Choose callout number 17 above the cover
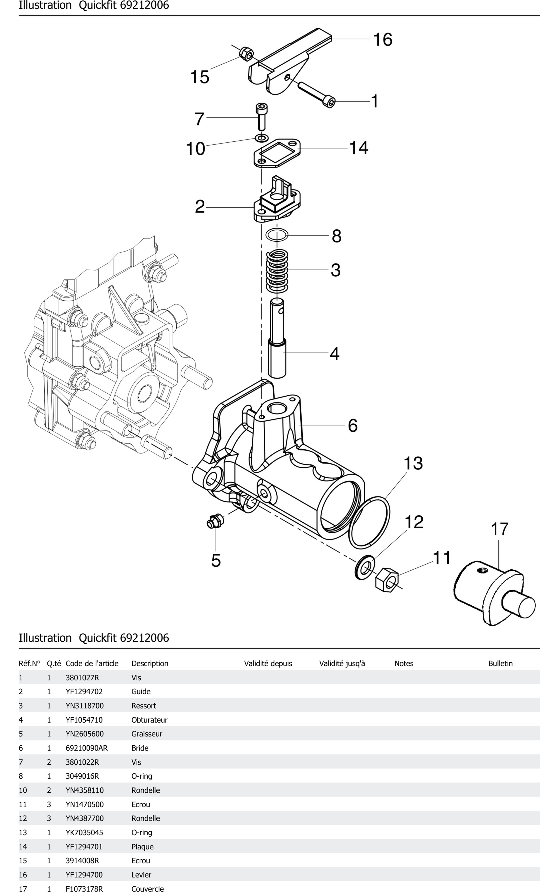(499, 529)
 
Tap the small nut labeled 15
(246, 54)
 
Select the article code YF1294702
(84, 691)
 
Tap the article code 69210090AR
(87, 748)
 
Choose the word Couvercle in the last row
(147, 889)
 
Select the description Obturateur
(149, 720)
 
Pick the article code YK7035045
(84, 832)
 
